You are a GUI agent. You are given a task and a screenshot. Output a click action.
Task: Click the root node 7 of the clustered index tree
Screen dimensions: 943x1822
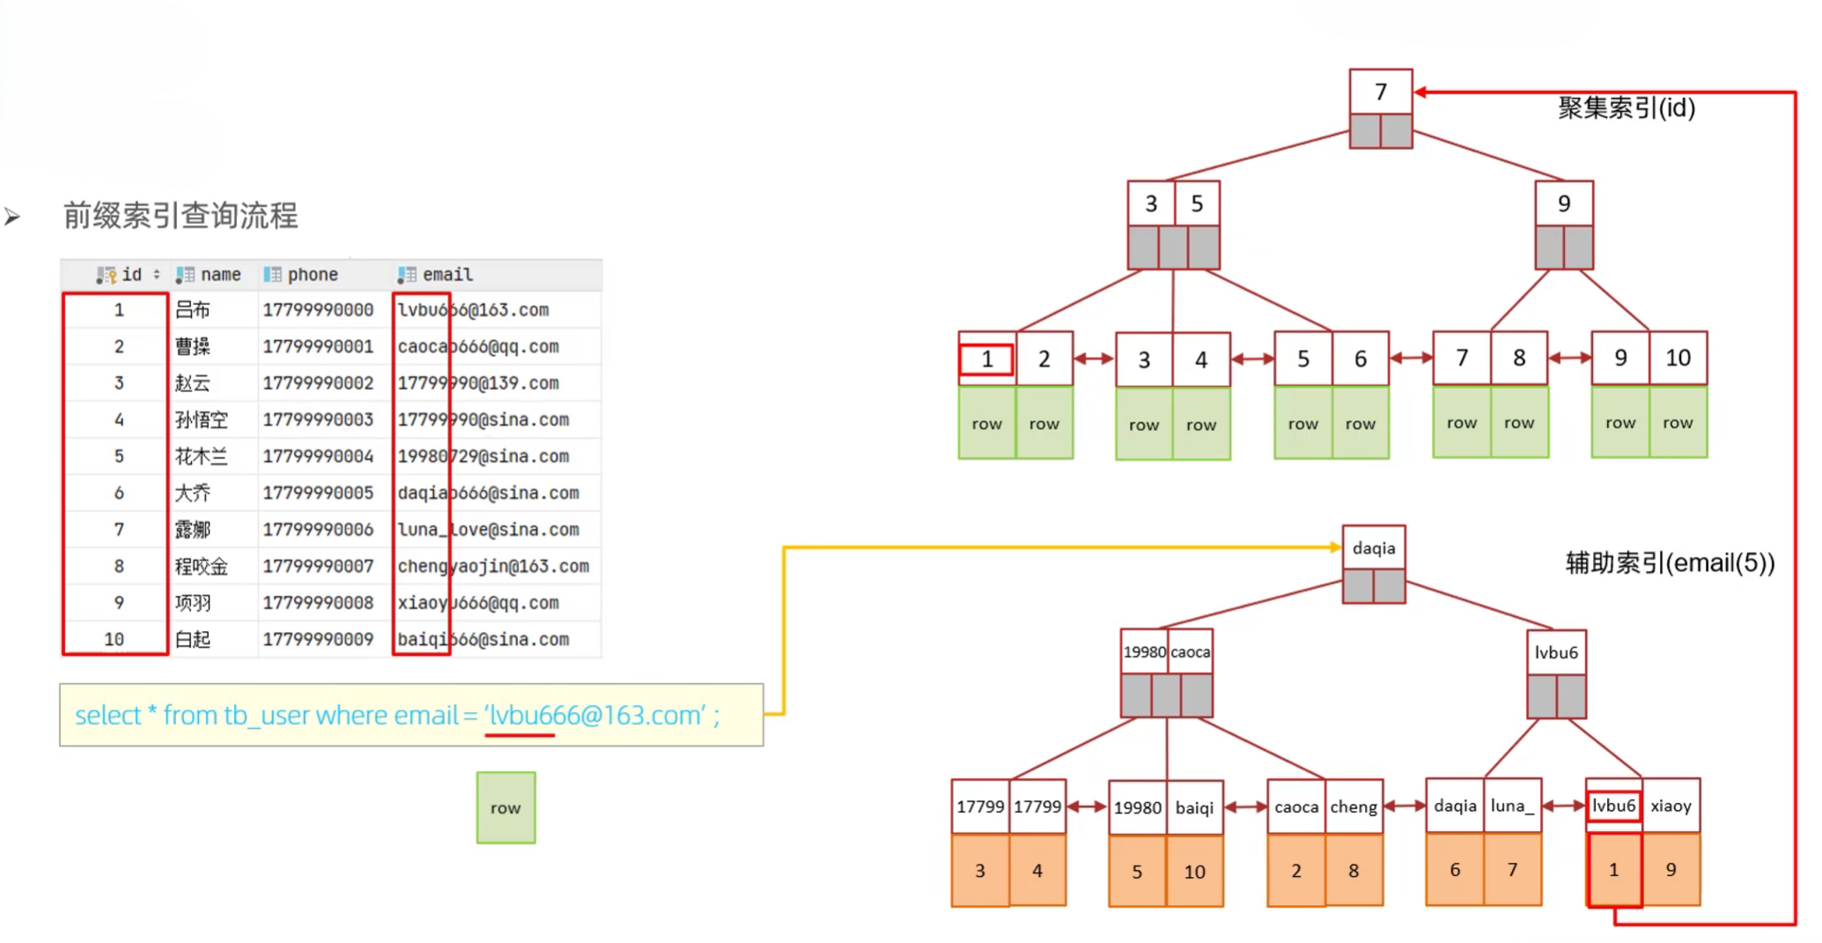pyautogui.click(x=1380, y=92)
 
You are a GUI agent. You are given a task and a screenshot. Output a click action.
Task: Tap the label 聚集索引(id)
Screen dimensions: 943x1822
pyautogui.click(x=1626, y=108)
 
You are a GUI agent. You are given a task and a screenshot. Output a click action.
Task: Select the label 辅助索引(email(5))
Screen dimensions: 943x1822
pyautogui.click(x=1669, y=562)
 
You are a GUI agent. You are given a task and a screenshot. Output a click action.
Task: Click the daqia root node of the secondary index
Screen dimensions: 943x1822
pyautogui.click(x=1373, y=548)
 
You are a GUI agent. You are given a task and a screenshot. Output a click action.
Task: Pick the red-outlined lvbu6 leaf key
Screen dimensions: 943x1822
pyautogui.click(x=1613, y=806)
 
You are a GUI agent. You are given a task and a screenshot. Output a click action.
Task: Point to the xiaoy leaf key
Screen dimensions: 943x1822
pyautogui.click(x=1671, y=806)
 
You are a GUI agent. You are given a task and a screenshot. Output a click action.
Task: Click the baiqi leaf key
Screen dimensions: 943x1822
pyautogui.click(x=1194, y=807)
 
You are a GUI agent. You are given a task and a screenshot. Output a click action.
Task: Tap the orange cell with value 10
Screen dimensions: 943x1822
pyautogui.click(x=1194, y=872)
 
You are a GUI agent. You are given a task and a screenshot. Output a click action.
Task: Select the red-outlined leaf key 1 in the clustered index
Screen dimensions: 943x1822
pyautogui.click(x=986, y=360)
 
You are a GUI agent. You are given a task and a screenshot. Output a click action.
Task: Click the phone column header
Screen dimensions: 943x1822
pyautogui.click(x=312, y=275)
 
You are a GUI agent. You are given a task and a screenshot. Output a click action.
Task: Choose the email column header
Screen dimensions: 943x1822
pyautogui.click(x=446, y=275)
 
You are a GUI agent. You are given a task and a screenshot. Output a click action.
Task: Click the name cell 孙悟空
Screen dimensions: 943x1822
pyautogui.click(x=201, y=420)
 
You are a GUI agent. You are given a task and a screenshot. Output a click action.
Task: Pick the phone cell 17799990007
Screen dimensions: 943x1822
pyautogui.click(x=318, y=566)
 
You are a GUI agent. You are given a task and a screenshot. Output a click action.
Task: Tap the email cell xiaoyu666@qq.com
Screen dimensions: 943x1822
pyautogui.click(x=478, y=603)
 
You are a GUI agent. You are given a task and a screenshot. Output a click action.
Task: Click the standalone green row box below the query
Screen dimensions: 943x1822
pyautogui.click(x=505, y=807)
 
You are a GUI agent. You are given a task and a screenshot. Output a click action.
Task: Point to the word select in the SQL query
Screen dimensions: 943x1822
pyautogui.click(x=107, y=715)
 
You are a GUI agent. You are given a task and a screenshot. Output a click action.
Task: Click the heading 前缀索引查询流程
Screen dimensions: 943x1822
pyautogui.click(x=181, y=215)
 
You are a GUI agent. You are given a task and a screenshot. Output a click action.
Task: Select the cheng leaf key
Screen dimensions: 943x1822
pyautogui.click(x=1353, y=806)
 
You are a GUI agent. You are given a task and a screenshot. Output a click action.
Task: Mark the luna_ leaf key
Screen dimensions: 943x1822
pyautogui.click(x=1511, y=806)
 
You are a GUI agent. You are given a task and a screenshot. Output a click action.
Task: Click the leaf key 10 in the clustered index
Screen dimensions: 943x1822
pyautogui.click(x=1677, y=358)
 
